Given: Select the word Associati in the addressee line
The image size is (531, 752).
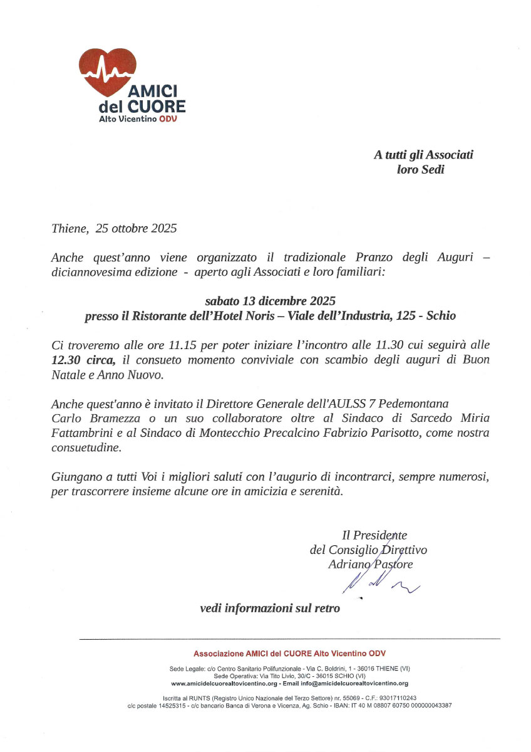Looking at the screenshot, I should coord(450,155).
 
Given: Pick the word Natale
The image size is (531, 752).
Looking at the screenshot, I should coord(66,375).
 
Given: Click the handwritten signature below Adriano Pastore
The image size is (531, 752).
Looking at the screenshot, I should coord(379,583).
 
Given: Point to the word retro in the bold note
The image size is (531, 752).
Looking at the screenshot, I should coord(326,608).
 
